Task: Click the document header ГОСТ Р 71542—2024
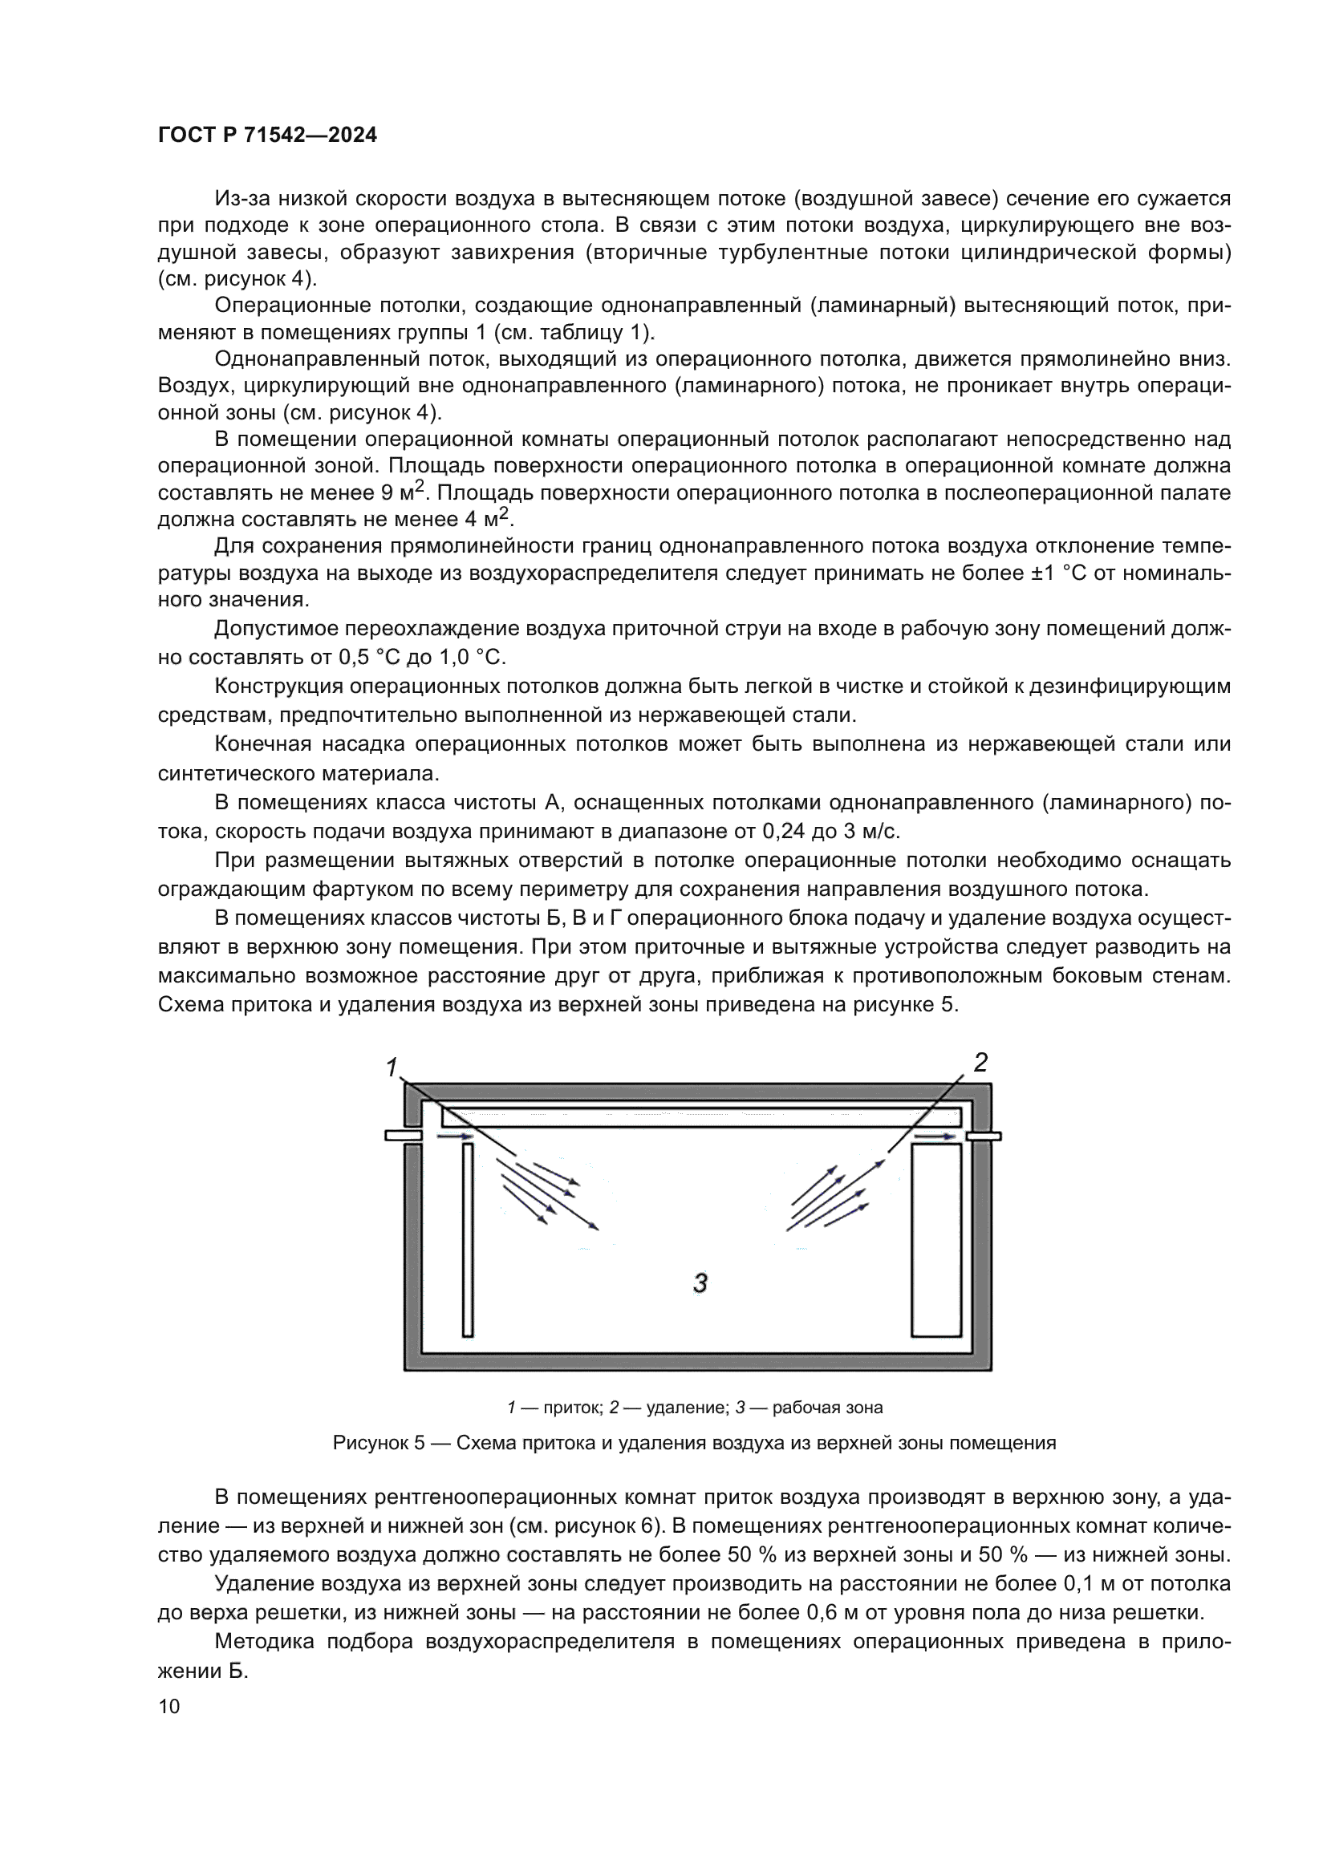(267, 135)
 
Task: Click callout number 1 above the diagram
(392, 1067)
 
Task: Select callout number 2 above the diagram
(980, 1061)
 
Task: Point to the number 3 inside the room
(700, 1282)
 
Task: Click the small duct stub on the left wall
(403, 1135)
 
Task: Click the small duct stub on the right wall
(984, 1135)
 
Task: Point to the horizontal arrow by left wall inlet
(455, 1136)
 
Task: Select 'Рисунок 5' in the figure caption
(379, 1443)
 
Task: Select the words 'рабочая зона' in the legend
(827, 1408)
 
